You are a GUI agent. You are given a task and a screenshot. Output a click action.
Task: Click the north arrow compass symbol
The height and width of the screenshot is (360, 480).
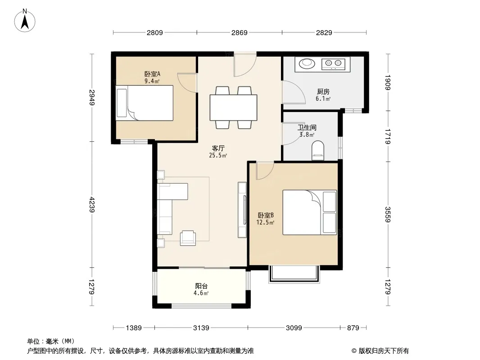tap(25, 21)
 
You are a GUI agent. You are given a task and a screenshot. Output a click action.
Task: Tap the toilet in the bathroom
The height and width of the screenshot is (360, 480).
tap(318, 150)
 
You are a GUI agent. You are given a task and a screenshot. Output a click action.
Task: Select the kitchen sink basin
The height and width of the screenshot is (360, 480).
tap(307, 63)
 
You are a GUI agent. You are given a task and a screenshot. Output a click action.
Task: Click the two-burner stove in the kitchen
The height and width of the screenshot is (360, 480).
tap(333, 64)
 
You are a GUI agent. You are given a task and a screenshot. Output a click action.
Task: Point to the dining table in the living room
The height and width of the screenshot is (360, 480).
tap(233, 108)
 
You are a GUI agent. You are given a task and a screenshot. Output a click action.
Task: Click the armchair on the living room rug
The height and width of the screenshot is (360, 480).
tap(188, 238)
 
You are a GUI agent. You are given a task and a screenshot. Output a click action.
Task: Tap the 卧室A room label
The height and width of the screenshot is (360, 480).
tap(152, 74)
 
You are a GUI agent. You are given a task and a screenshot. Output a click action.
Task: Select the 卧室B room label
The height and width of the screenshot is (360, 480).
tap(266, 216)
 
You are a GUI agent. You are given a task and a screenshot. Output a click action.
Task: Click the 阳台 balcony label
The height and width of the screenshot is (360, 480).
tap(201, 286)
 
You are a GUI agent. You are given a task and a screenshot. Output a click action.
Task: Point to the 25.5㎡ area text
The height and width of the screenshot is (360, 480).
tap(218, 155)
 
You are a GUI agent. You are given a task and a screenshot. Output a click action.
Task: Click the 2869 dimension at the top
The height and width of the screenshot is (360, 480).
tap(240, 32)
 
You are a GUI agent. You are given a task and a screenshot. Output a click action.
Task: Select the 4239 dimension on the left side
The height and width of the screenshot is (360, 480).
tap(92, 205)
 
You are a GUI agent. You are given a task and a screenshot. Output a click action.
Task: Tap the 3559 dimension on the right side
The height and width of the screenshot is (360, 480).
tap(388, 214)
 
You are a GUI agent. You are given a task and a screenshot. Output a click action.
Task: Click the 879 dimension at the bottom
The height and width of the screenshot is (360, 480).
tap(353, 328)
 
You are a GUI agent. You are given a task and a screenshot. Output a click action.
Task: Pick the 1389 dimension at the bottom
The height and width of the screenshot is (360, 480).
tap(134, 328)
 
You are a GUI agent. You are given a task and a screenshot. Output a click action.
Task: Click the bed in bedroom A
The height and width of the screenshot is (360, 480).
tap(145, 103)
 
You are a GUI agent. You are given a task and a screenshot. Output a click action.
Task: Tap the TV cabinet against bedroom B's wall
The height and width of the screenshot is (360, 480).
tap(242, 210)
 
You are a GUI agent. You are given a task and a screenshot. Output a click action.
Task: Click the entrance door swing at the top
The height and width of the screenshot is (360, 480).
tap(245, 65)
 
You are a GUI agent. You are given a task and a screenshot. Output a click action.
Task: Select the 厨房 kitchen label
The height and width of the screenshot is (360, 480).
tap(323, 91)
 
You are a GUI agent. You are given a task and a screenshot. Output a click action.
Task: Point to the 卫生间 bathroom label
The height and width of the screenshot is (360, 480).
tap(307, 127)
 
